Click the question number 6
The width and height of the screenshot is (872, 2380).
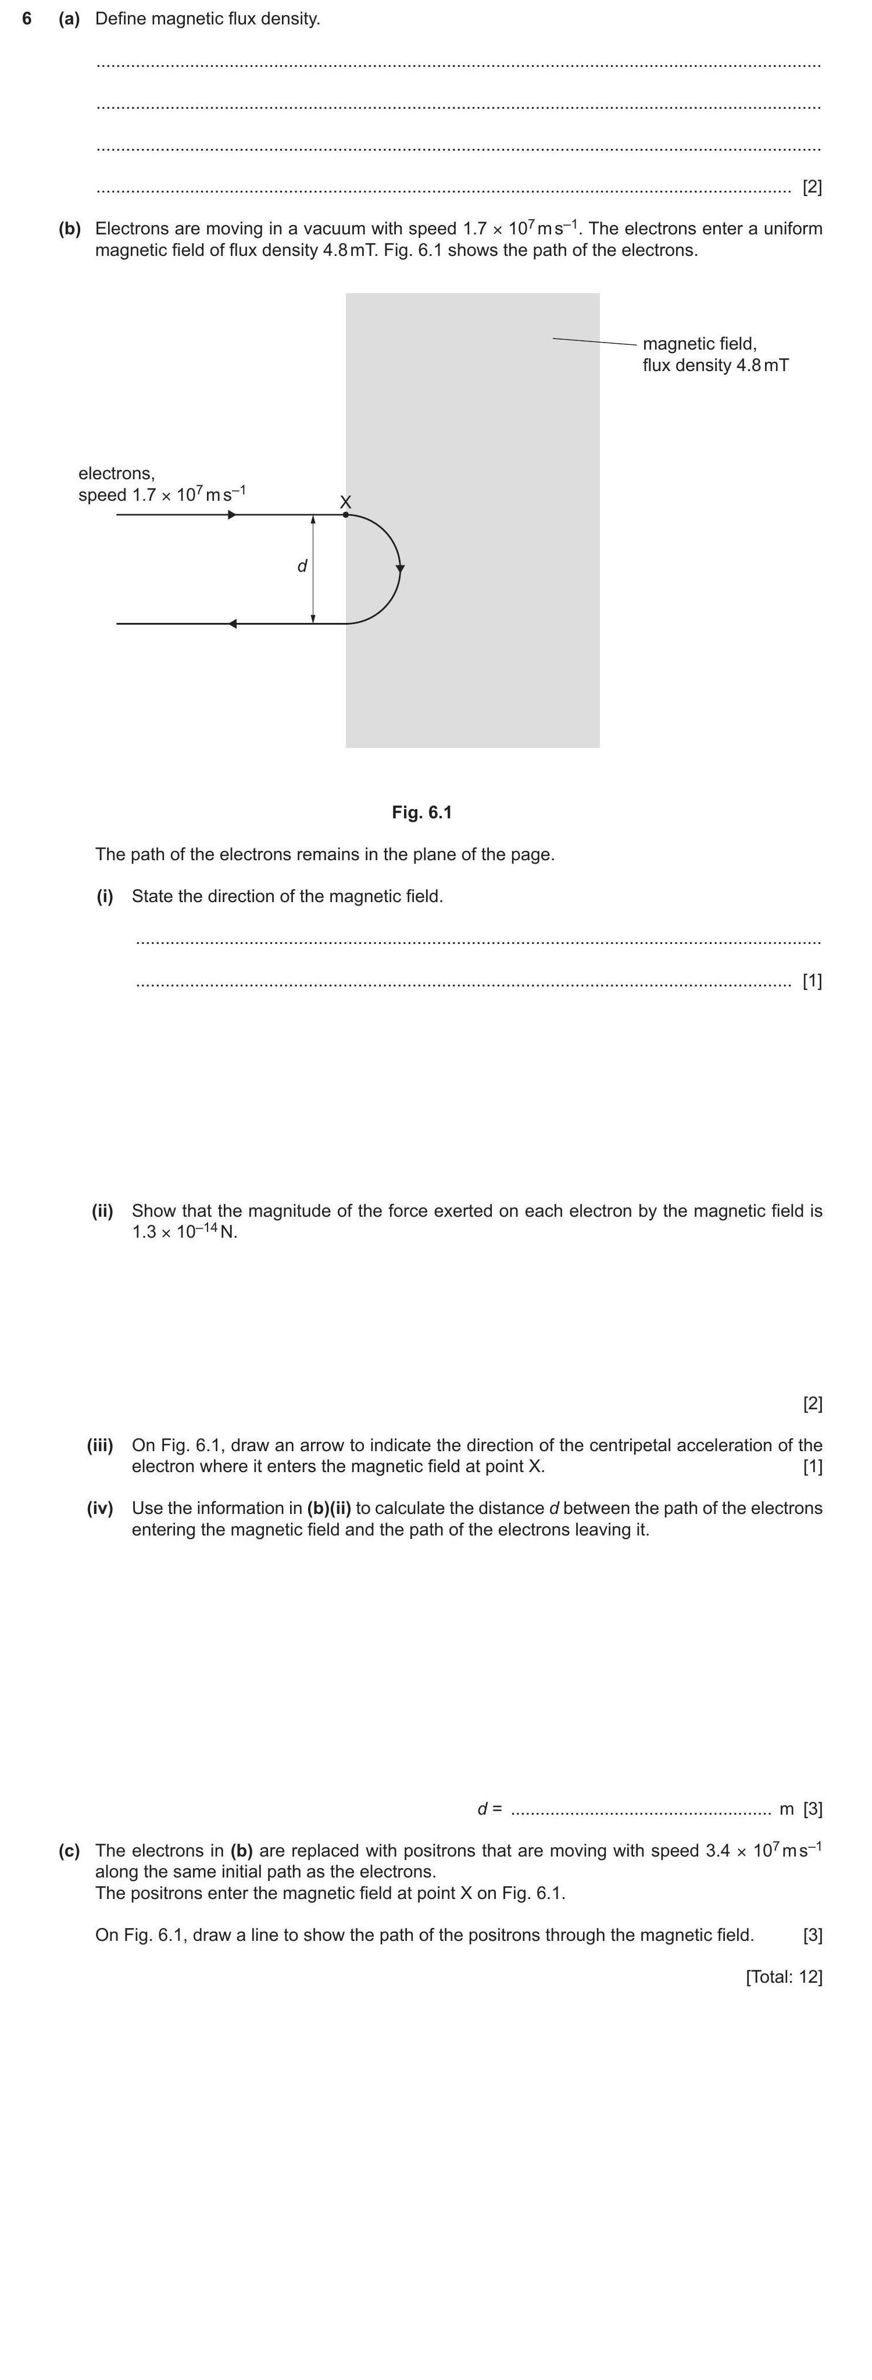click(x=27, y=19)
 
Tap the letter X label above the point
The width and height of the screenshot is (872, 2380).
click(x=345, y=502)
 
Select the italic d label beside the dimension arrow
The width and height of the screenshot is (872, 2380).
click(x=302, y=565)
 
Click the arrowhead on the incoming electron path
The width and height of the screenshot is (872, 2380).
click(x=232, y=515)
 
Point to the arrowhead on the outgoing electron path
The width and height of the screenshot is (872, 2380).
click(x=233, y=623)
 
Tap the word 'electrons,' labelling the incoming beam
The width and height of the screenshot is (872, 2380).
click(x=116, y=474)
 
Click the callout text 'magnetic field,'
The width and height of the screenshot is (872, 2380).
click(x=699, y=344)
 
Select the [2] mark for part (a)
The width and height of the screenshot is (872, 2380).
click(x=812, y=187)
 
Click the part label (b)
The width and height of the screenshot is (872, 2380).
click(x=69, y=228)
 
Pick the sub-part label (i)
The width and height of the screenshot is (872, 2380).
click(x=105, y=896)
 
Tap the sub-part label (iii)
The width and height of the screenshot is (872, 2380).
click(x=100, y=1445)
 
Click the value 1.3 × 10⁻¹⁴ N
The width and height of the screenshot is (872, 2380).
click(x=184, y=1232)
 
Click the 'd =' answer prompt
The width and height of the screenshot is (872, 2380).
click(x=489, y=1809)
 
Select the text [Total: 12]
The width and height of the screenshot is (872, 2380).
click(x=783, y=1976)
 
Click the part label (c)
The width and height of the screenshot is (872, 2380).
click(x=69, y=1851)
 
